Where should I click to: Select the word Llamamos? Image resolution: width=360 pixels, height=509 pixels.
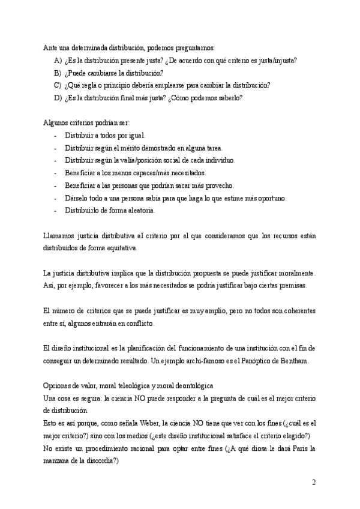click(x=61, y=235)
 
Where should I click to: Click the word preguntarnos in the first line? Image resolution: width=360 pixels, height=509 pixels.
click(x=193, y=48)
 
